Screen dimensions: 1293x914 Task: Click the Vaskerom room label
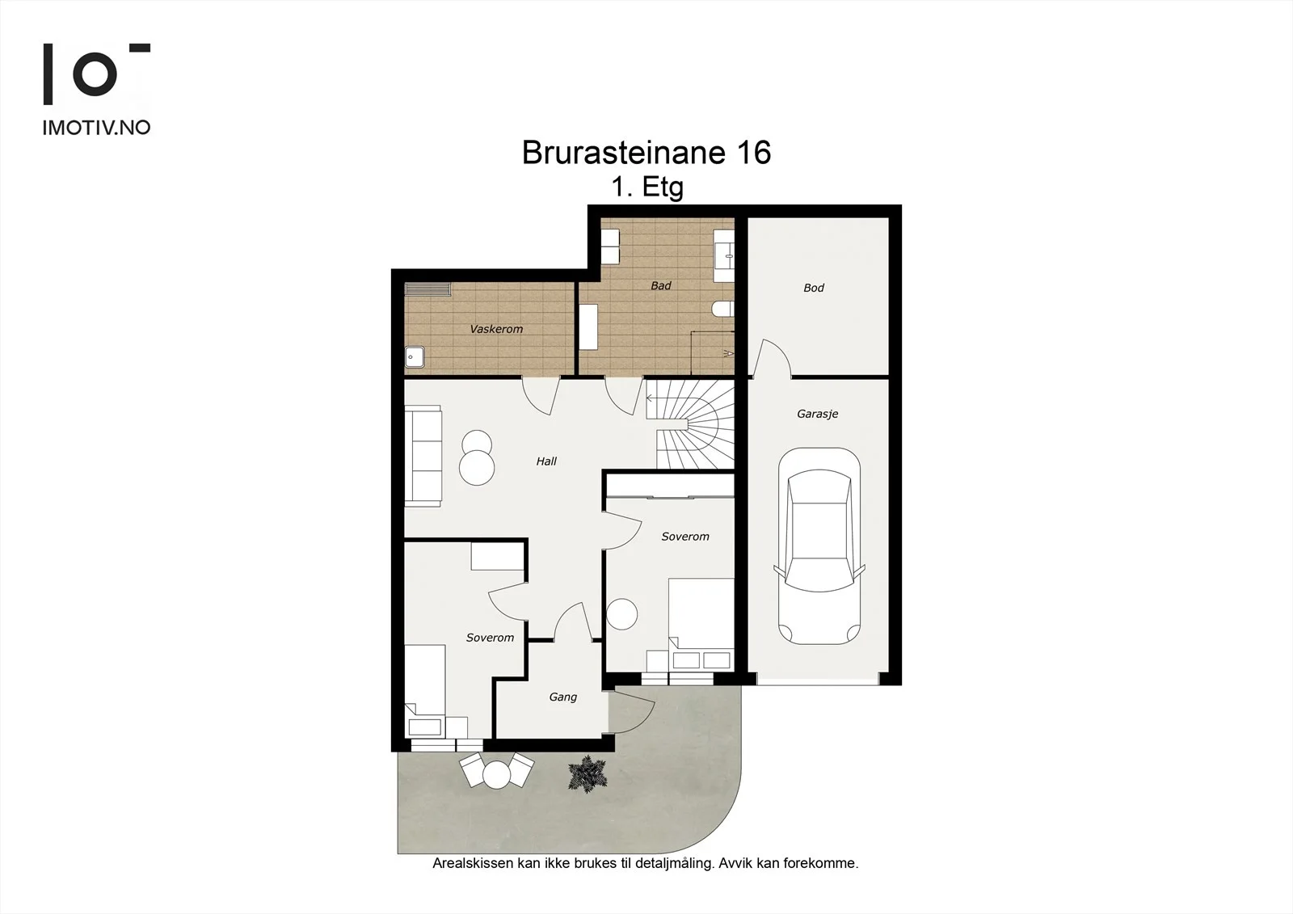point(496,329)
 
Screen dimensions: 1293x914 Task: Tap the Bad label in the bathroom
point(661,286)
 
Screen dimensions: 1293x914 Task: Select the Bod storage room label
point(814,288)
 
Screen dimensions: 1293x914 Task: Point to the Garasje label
point(817,414)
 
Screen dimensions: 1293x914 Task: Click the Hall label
point(546,461)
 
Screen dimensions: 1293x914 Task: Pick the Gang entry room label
point(562,697)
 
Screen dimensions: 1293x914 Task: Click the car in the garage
point(819,546)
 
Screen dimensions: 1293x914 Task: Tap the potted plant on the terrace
point(588,773)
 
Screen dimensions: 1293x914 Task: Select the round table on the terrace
point(496,775)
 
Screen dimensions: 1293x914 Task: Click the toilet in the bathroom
point(723,310)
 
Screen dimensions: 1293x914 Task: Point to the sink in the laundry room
point(415,357)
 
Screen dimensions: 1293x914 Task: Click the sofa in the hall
point(423,456)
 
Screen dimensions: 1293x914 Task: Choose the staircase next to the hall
point(690,423)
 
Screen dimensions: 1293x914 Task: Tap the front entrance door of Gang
point(632,710)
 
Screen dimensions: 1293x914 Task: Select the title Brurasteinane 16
point(646,153)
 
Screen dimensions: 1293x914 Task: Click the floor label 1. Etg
point(647,187)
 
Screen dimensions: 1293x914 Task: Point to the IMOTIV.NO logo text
point(96,128)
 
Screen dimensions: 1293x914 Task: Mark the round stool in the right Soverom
point(621,613)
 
